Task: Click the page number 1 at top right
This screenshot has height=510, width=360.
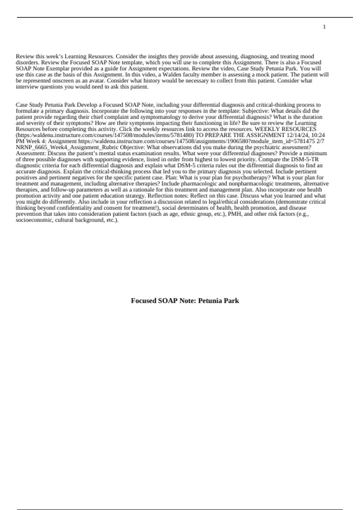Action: click(x=324, y=27)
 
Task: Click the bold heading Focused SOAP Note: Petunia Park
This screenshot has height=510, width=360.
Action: click(x=185, y=301)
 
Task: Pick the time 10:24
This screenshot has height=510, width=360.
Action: click(x=318, y=135)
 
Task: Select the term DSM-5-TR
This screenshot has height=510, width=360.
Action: click(x=305, y=159)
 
